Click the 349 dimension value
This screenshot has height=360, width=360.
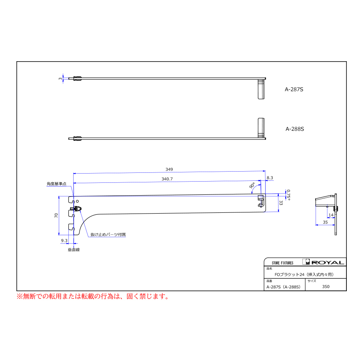[169, 170]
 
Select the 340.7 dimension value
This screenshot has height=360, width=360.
[167, 179]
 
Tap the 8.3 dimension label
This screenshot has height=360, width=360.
[270, 178]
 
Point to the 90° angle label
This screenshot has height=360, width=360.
[252, 186]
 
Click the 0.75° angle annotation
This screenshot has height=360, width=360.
[288, 195]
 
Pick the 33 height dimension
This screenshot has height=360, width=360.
[281, 203]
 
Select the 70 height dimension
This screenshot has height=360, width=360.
[56, 215]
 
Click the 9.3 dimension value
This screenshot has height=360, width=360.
[64, 241]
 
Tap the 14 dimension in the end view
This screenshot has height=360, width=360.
[331, 215]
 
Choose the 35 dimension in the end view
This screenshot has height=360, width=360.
[325, 222]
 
